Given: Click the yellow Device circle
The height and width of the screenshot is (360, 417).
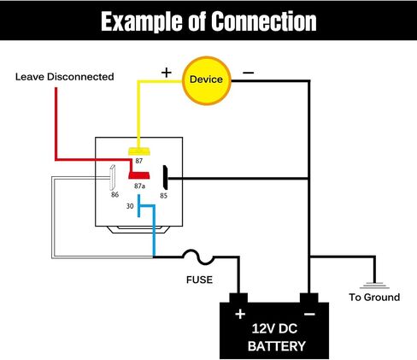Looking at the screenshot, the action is click(207, 80).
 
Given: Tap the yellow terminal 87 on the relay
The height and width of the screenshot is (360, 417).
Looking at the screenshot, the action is click(138, 151).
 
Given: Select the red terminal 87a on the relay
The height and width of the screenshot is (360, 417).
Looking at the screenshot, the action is click(139, 175).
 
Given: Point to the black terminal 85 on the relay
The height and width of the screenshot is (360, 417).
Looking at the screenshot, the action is click(165, 177).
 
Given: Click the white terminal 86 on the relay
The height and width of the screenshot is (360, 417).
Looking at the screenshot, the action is click(112, 177).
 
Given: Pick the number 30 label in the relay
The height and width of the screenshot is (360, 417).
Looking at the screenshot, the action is click(130, 206).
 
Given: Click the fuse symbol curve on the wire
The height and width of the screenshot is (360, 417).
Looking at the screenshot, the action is click(198, 257).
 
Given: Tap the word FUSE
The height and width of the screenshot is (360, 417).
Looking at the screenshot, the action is click(199, 280).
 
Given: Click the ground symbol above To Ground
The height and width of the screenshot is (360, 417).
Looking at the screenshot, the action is click(374, 286).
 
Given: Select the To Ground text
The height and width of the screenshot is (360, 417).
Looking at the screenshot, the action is click(374, 298).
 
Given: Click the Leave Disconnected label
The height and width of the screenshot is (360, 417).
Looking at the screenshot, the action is click(65, 77).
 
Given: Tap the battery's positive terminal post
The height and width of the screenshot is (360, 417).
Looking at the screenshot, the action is click(238, 298).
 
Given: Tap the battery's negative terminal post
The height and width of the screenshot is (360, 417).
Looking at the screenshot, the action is click(309, 298).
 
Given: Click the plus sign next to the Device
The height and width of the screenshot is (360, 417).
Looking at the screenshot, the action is click(167, 73).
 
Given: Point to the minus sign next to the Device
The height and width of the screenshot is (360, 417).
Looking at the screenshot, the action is click(248, 73).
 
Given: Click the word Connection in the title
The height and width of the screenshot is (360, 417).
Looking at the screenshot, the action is click(264, 21).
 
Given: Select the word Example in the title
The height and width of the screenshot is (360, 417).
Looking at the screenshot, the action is click(143, 22).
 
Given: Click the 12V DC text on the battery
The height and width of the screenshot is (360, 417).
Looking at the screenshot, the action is click(274, 328).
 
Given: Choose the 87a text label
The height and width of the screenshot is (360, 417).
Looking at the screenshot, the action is click(139, 186).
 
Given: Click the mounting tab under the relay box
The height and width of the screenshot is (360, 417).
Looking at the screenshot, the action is click(138, 230).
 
